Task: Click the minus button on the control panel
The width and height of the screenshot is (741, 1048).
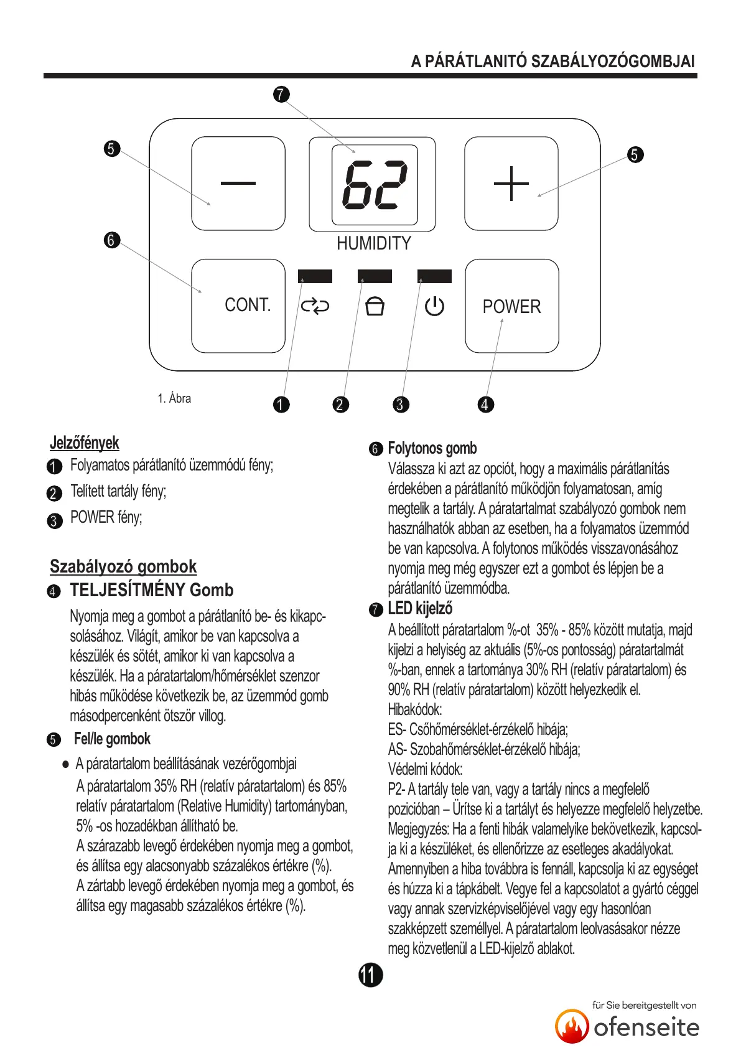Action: (238, 184)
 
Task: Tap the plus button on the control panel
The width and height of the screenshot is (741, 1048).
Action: (511, 184)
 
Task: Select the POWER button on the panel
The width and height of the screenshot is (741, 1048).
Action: (511, 306)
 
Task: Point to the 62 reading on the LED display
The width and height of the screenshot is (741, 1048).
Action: (375, 185)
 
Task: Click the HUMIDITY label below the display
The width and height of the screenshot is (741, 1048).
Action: (374, 243)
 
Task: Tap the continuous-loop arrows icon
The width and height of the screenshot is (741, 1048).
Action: (315, 306)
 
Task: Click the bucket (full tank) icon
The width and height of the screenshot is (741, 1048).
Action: (375, 306)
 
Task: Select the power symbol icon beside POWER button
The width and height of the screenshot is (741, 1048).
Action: (434, 306)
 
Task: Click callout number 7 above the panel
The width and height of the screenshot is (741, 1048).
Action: (281, 95)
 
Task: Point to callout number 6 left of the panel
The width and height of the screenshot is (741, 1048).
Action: (111, 240)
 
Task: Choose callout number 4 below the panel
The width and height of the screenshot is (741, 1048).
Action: (485, 405)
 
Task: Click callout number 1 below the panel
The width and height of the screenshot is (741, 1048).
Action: (281, 405)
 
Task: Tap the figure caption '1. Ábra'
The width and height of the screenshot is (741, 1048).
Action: (174, 398)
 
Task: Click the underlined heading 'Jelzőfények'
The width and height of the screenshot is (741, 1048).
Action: (84, 443)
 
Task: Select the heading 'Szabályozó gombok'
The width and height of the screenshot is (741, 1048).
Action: (123, 566)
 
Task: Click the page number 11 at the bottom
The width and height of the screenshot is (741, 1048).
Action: (370, 975)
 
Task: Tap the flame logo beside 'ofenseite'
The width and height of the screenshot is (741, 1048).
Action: (572, 1026)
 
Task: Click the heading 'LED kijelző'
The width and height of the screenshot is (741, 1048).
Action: (420, 609)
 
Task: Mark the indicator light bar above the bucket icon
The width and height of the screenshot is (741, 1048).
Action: (375, 276)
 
